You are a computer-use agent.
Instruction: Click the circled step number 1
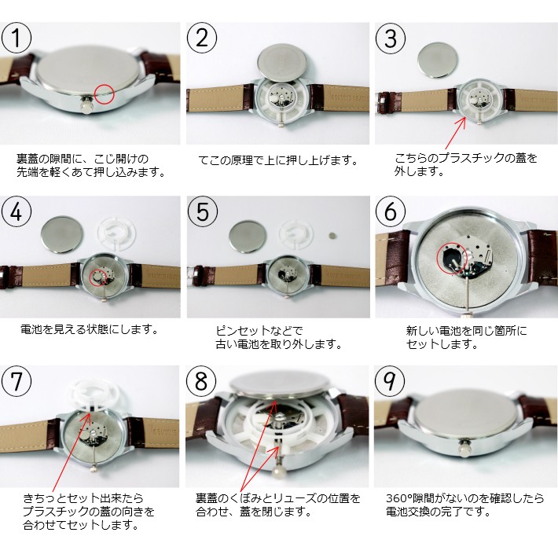[17, 38]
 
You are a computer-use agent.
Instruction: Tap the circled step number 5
[203, 212]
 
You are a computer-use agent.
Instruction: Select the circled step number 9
[390, 381]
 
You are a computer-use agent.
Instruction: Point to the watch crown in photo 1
[86, 106]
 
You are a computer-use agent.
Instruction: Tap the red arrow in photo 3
[456, 132]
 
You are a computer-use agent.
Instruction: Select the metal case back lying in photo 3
[437, 60]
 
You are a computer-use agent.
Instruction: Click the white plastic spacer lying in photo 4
[117, 233]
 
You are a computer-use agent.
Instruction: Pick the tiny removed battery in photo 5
[332, 235]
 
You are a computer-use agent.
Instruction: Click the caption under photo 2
[278, 160]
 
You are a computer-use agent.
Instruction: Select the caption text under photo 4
[89, 329]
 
